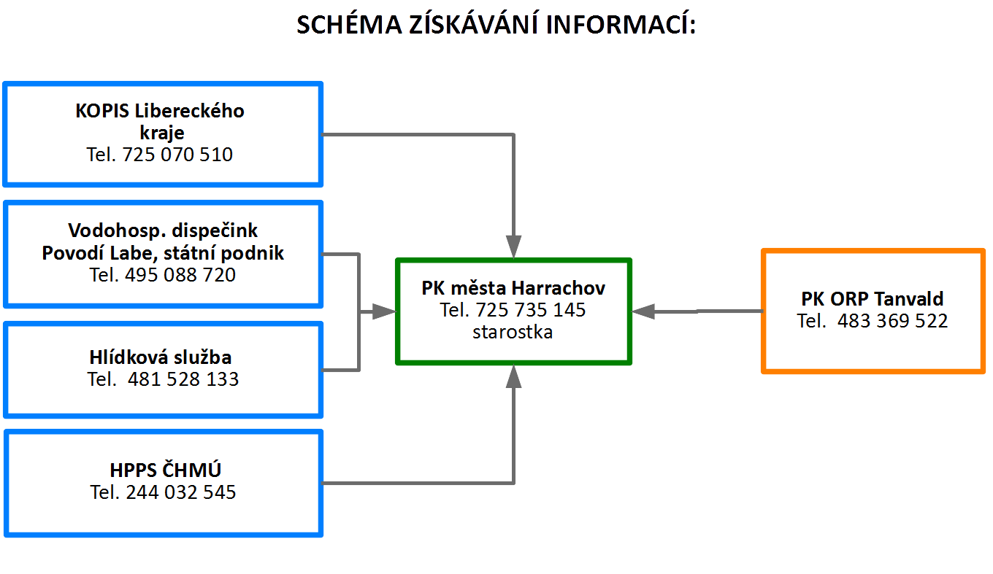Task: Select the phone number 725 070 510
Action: [177, 155]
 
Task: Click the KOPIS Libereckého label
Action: [160, 111]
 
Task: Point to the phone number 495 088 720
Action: [180, 275]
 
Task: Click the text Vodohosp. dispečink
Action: [163, 230]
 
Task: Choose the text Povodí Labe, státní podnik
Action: [163, 253]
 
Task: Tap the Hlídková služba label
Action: [161, 357]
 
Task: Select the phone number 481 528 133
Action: [183, 379]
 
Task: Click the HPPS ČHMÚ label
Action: [165, 470]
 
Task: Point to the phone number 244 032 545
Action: [181, 492]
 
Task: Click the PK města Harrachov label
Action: [513, 288]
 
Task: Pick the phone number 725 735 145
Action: [531, 310]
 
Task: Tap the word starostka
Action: [513, 332]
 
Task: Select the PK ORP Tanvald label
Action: [872, 299]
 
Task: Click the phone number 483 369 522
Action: [892, 321]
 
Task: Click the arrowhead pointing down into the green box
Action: [513, 247]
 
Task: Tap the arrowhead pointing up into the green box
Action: [513, 377]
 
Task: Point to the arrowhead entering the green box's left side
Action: [384, 311]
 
